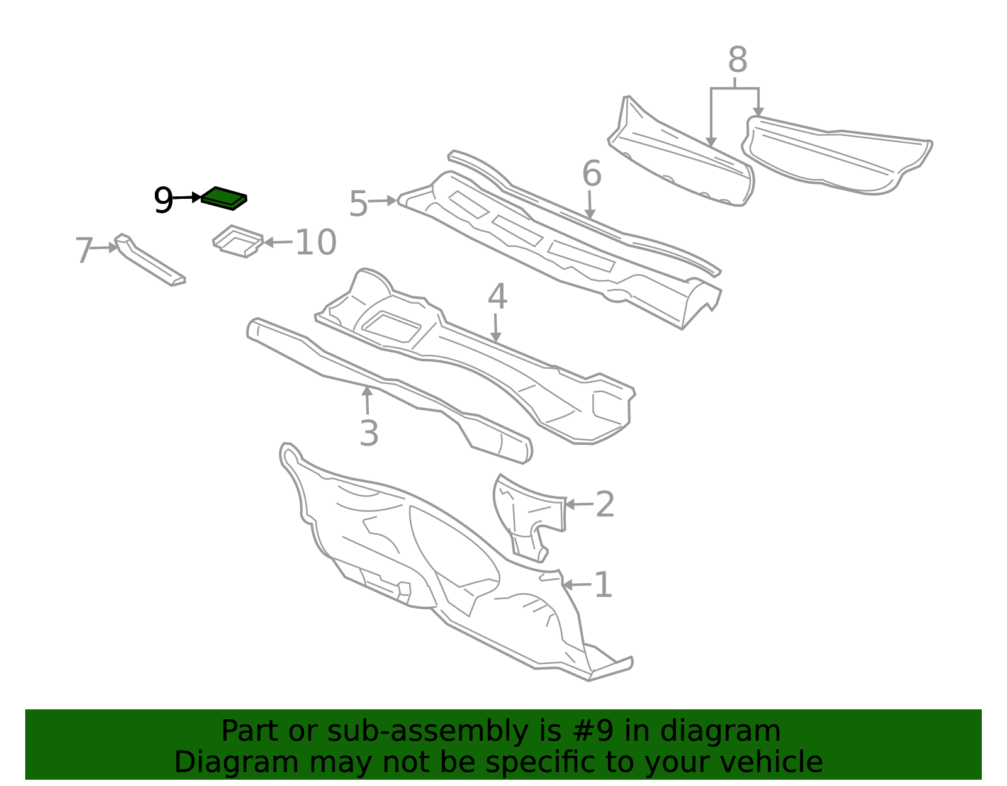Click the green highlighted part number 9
(224, 198)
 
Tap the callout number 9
(163, 200)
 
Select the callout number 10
(315, 242)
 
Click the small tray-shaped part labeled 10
(238, 241)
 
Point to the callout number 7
(84, 250)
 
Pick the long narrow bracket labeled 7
(150, 260)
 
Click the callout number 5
(358, 203)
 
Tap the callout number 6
(592, 174)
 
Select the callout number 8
(738, 59)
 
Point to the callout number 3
(369, 434)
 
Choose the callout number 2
(605, 504)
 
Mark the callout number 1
(603, 585)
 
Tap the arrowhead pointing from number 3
(367, 391)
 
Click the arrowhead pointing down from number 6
(590, 214)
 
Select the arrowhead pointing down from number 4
(496, 337)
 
